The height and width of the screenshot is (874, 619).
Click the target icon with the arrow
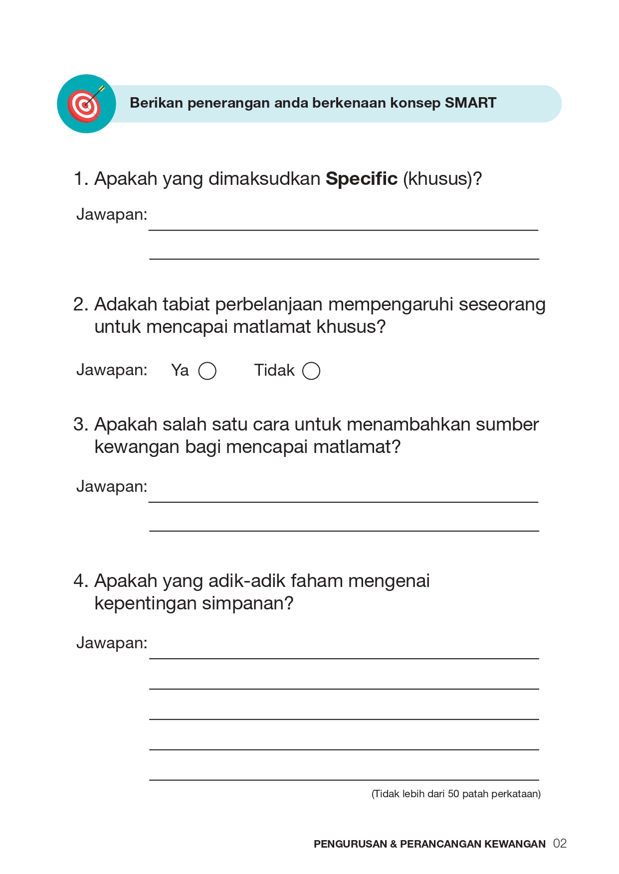(86, 104)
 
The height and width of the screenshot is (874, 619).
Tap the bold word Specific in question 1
(361, 178)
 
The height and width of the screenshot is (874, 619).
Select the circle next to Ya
(207, 371)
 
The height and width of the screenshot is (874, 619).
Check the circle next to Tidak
(311, 371)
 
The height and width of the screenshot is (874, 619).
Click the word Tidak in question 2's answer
(274, 370)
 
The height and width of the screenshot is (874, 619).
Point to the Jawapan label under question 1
(112, 214)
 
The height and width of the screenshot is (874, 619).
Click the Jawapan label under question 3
(112, 486)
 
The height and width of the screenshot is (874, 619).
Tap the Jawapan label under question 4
(112, 643)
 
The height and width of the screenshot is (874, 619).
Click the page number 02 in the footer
(560, 844)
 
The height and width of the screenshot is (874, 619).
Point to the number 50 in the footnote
(453, 794)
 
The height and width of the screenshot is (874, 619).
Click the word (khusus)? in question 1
(442, 178)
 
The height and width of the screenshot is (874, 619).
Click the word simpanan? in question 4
(248, 603)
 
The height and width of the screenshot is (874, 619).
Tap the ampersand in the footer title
(394, 844)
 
